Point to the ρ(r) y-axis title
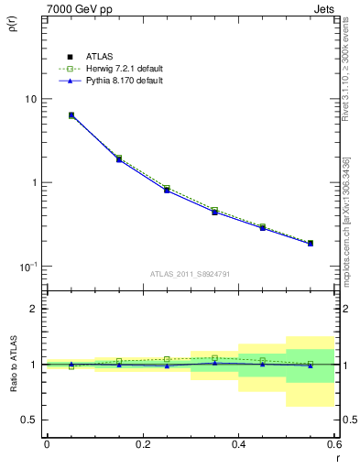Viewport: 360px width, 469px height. (x=13, y=21)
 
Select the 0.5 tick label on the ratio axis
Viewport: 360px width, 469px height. (x=30, y=420)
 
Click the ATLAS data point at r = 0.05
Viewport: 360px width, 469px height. (x=71, y=115)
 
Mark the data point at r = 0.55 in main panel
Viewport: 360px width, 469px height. (x=311, y=244)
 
